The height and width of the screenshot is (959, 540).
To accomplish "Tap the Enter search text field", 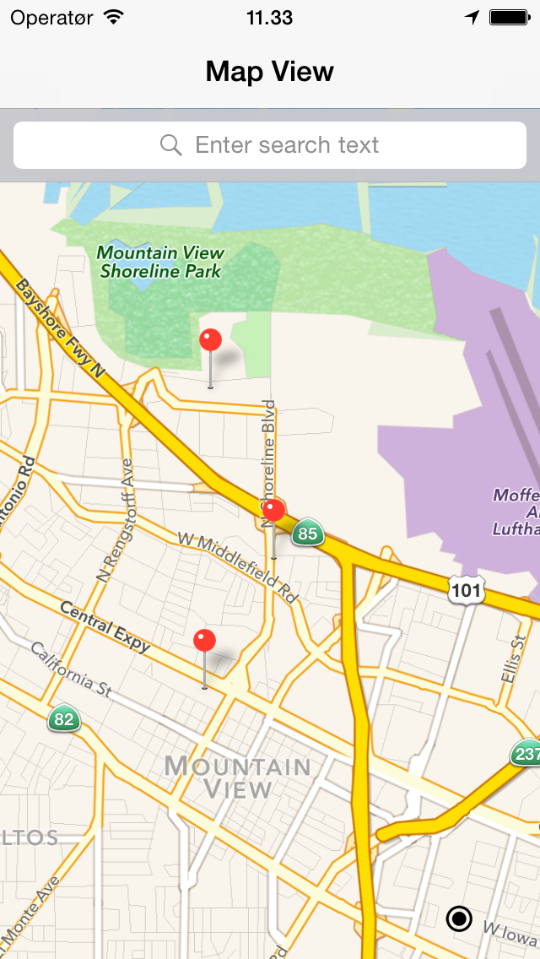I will click(287, 145).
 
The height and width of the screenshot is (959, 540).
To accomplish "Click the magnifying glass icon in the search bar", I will click(171, 145).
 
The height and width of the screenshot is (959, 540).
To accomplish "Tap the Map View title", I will click(270, 72).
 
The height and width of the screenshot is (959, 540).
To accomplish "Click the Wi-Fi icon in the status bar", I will click(112, 18).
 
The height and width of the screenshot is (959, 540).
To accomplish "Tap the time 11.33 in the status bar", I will click(270, 18).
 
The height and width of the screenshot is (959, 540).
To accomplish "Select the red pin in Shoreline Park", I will click(210, 341).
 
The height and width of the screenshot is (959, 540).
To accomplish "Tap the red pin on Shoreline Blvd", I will click(273, 511).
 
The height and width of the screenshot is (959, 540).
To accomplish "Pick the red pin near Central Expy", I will click(205, 642).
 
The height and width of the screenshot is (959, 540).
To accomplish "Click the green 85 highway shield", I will click(308, 534).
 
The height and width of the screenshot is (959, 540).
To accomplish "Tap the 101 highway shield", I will click(467, 590).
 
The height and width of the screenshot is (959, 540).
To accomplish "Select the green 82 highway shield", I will click(62, 719).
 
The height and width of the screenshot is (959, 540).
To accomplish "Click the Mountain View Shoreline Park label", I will click(160, 262).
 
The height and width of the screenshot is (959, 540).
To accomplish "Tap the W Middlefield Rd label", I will click(238, 566).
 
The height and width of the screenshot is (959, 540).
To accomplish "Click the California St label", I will click(71, 669).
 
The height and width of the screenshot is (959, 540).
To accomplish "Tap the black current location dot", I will click(459, 918).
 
